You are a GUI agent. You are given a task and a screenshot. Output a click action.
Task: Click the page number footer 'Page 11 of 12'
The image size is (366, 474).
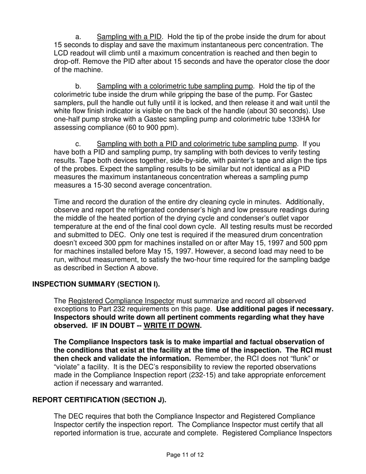pyautogui.click(x=185, y=455)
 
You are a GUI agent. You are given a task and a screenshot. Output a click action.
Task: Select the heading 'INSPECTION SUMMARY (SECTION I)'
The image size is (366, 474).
pyautogui.click(x=96, y=284)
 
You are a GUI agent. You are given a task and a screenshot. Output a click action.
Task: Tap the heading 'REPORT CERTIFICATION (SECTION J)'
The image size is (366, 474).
pyautogui.click(x=99, y=400)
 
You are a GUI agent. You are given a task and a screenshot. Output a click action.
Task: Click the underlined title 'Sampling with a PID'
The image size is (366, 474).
pyautogui.click(x=129, y=37)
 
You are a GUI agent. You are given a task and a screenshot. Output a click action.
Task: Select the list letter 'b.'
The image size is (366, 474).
pyautogui.click(x=79, y=86)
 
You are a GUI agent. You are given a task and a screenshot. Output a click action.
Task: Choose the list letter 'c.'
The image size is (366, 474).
pyautogui.click(x=79, y=144)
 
